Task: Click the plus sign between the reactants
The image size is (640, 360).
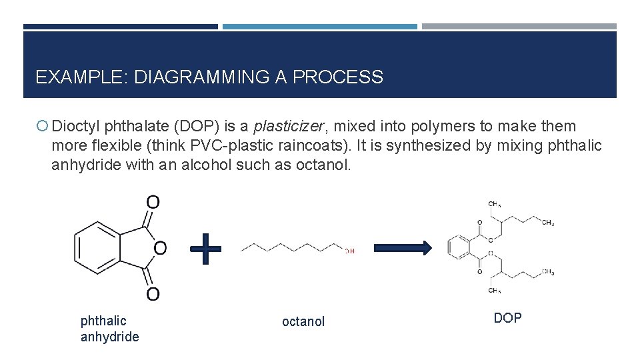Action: [x=205, y=248]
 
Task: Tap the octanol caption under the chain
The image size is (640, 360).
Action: [x=303, y=321]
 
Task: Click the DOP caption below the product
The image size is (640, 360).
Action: [x=507, y=318]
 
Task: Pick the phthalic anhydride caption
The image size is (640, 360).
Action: [x=109, y=329]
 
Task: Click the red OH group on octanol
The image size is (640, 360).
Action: [x=350, y=251]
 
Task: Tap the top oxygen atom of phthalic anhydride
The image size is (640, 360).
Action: [x=153, y=202]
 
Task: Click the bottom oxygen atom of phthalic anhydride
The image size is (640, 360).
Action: [x=153, y=293]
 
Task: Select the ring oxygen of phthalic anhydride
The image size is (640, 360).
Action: [x=160, y=248]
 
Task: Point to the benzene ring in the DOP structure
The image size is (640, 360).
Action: [x=461, y=248]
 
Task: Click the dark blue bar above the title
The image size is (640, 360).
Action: [x=121, y=27]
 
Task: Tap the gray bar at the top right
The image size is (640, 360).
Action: [x=519, y=27]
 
